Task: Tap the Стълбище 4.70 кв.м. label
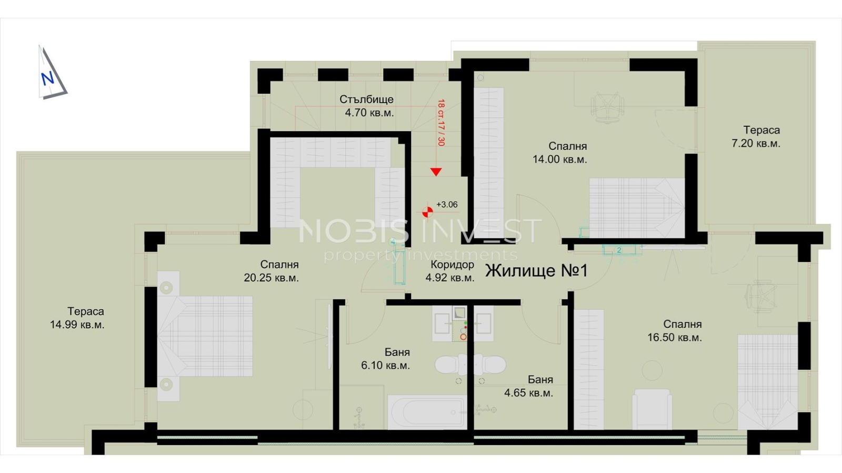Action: tap(367, 106)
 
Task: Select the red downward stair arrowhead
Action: tap(436, 172)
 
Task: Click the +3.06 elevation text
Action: tap(447, 205)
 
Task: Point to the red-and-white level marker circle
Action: tap(427, 212)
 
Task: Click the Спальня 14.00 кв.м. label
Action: tap(560, 153)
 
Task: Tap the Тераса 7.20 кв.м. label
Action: tap(756, 137)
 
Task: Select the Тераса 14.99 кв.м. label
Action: tap(77, 318)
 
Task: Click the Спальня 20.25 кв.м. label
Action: tap(272, 271)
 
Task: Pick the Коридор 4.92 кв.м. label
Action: tap(450, 271)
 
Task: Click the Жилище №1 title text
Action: tap(536, 270)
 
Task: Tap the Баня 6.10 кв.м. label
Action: tap(386, 359)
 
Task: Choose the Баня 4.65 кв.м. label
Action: tap(529, 386)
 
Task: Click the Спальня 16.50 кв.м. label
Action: tap(675, 330)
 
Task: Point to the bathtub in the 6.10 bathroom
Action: tap(427, 412)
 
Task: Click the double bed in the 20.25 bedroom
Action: tap(205, 336)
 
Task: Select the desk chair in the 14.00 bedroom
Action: tap(607, 108)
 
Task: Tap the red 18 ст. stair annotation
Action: tap(441, 123)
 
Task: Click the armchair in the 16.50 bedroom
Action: tap(652, 409)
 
